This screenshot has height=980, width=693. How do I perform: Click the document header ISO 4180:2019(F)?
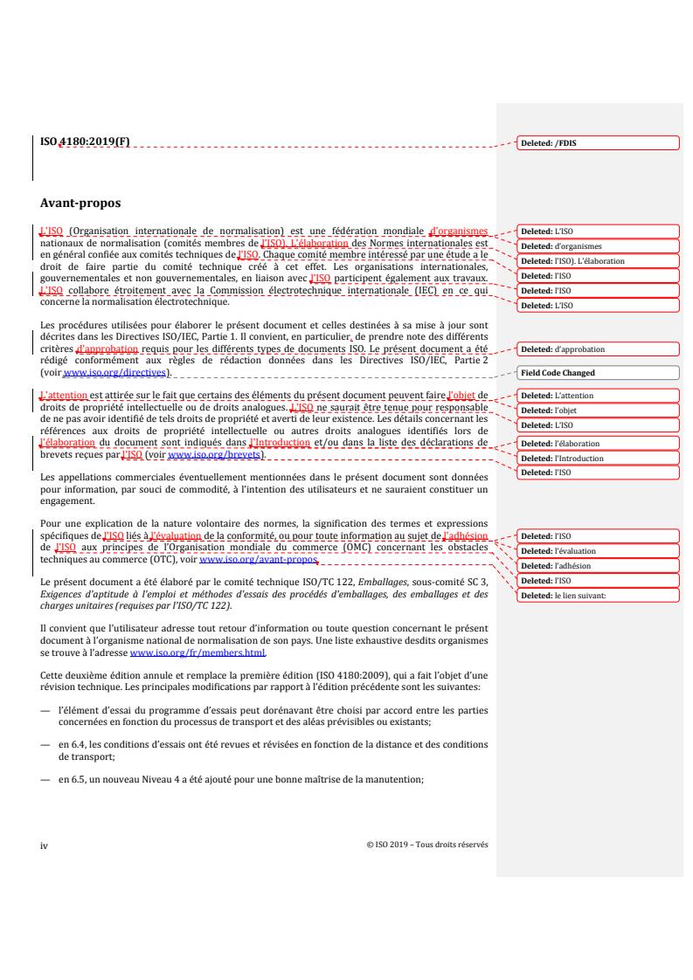(x=84, y=141)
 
